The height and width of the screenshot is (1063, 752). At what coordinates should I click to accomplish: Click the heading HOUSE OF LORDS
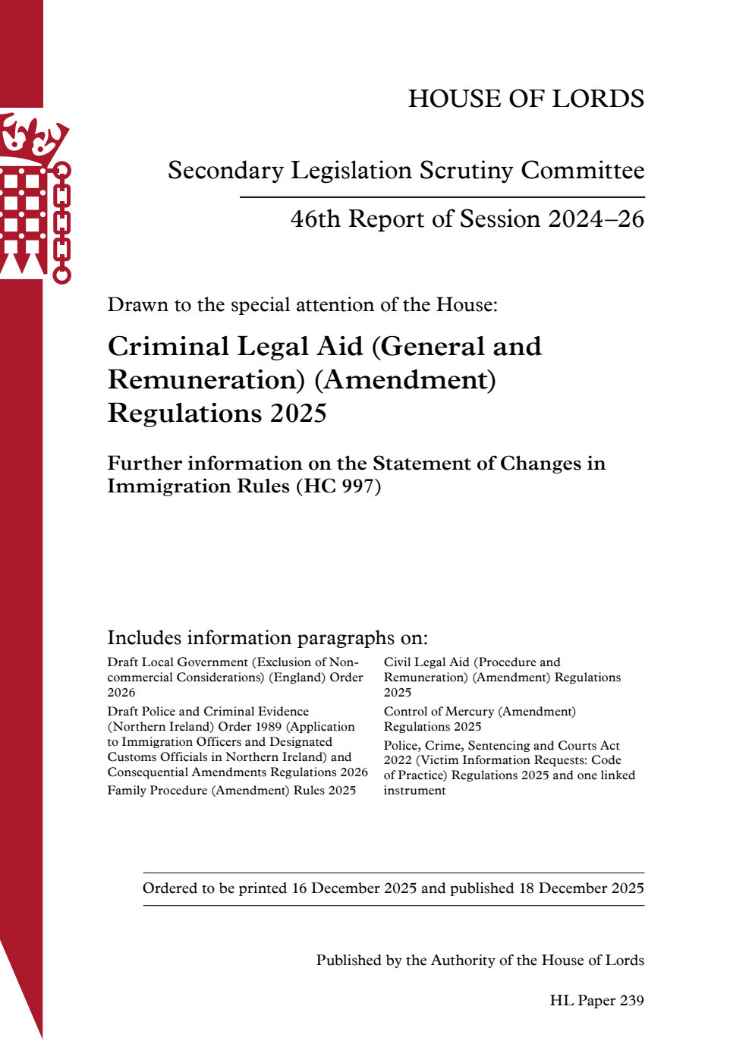(526, 99)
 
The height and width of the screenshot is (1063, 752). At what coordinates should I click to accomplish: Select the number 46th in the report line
(315, 219)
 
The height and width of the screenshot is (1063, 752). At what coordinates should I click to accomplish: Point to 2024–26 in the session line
(596, 219)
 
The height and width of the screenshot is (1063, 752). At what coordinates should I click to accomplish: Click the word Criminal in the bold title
(168, 347)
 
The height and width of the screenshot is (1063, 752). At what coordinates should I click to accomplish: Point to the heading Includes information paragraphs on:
(267, 637)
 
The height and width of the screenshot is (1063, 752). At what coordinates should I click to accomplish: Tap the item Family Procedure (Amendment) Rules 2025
(231, 791)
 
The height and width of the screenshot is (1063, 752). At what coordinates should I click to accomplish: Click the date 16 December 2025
(354, 888)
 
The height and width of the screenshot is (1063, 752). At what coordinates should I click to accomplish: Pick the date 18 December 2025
(581, 888)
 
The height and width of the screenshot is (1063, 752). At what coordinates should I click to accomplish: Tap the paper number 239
(631, 1001)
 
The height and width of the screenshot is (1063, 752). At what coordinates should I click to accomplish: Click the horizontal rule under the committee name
(442, 197)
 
